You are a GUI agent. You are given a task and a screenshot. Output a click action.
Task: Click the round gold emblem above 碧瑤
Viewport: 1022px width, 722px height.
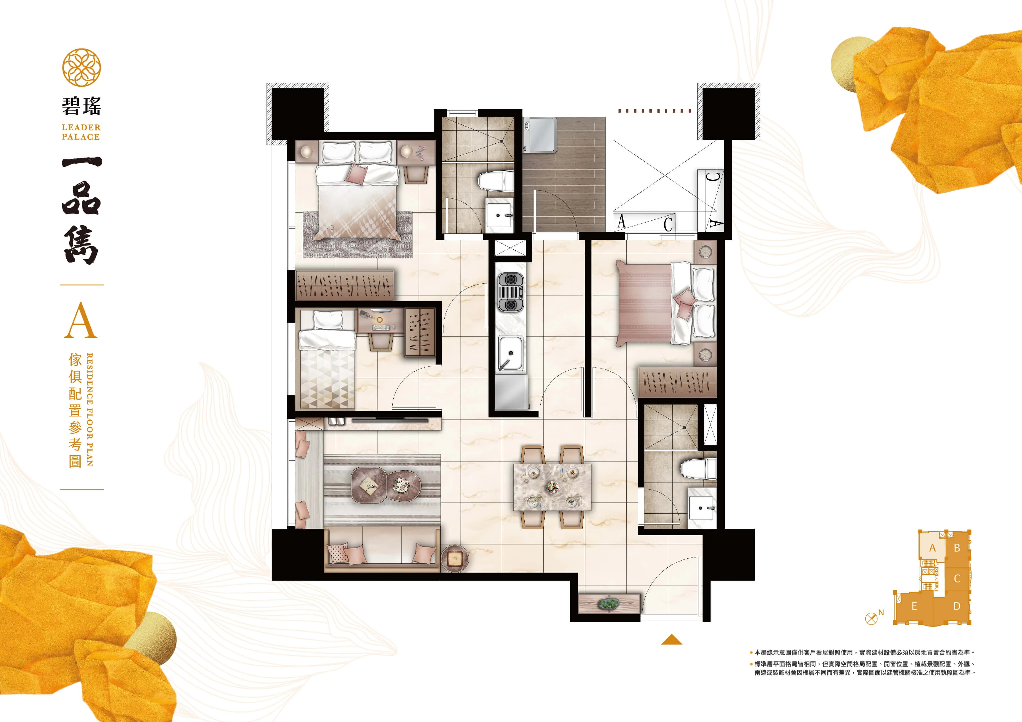point(82,68)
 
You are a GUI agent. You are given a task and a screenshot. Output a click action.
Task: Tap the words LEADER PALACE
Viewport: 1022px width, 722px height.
point(81,132)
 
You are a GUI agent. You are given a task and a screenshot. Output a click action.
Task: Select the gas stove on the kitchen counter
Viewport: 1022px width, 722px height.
point(511,292)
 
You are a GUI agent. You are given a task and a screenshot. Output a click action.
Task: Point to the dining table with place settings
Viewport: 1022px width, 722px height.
point(552,487)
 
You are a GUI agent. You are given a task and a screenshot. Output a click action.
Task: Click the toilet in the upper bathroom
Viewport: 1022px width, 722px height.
point(496,182)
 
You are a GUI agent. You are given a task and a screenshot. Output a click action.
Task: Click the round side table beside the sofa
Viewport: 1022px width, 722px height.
point(454,558)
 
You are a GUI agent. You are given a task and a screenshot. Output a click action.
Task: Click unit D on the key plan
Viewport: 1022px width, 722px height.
point(957,606)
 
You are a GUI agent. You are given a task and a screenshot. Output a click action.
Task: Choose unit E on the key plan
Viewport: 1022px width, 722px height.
point(914,606)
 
